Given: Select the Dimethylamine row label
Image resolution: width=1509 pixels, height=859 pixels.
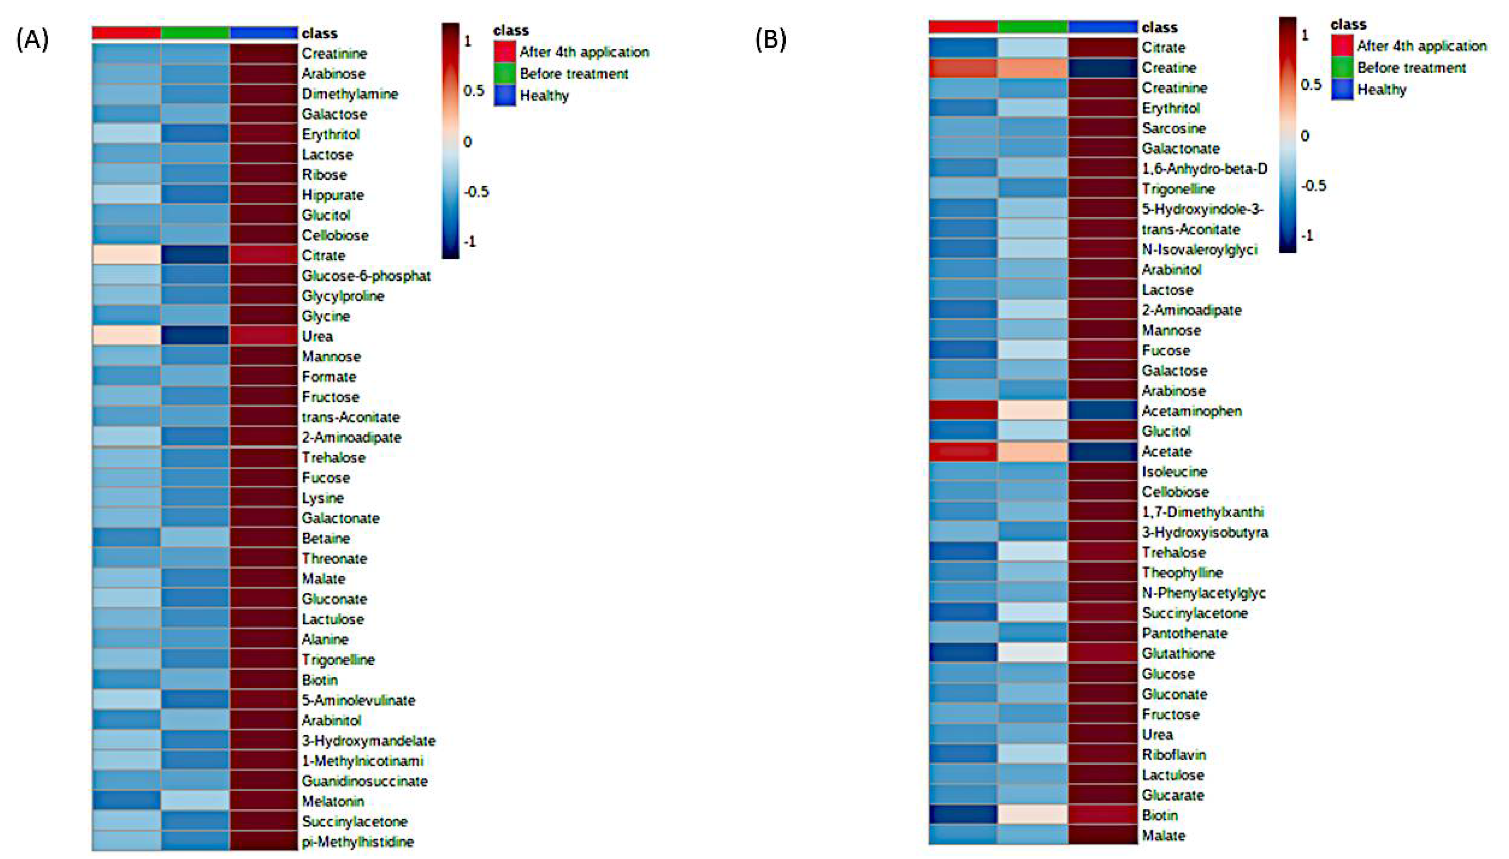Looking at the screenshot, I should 350,94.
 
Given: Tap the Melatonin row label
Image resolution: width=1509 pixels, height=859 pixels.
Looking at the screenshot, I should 333,801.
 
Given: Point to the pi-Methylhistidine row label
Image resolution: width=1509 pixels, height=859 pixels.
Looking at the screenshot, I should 357,841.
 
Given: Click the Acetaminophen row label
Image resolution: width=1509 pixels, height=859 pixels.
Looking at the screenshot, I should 1191,411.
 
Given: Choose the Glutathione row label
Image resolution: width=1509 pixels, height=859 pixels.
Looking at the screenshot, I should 1178,654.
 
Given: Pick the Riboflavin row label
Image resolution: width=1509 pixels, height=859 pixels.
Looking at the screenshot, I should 1174,755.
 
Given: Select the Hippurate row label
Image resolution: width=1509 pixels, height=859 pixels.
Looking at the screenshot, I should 333,195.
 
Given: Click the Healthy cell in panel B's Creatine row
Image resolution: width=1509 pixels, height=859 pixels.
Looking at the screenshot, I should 1102,68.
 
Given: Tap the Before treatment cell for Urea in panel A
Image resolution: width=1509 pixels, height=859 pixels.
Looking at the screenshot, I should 195,336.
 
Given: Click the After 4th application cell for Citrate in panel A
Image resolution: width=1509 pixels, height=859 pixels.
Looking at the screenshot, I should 127,255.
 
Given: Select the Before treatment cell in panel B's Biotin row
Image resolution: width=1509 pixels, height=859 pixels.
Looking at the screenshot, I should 1032,815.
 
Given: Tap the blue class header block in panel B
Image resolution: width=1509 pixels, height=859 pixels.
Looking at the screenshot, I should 1102,27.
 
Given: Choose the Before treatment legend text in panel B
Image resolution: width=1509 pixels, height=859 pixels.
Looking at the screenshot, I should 1411,68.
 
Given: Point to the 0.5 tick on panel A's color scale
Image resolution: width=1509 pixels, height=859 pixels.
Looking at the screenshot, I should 473,90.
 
